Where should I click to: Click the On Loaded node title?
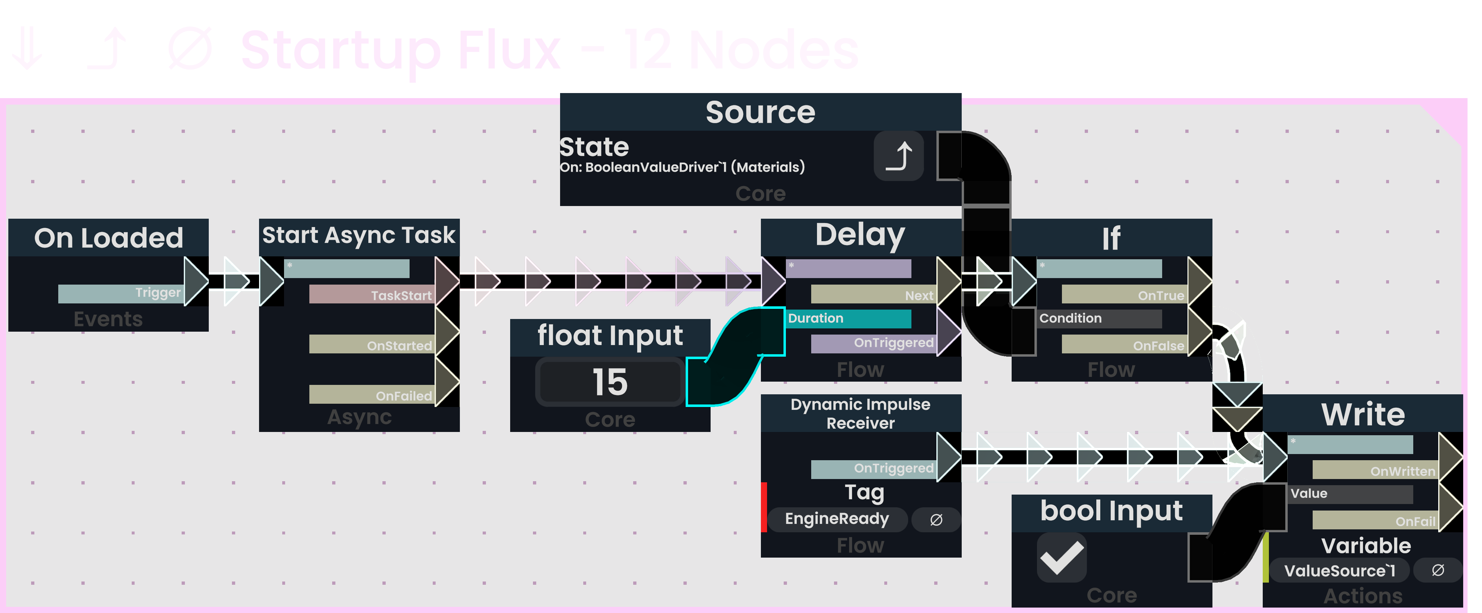coord(108,238)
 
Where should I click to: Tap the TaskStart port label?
coord(401,295)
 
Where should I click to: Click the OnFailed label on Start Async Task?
coord(403,395)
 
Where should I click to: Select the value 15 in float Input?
coord(610,382)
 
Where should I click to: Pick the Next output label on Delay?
coord(918,295)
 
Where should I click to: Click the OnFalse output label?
coord(1158,345)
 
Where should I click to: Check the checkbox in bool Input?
coord(1062,557)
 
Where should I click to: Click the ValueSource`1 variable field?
coord(1339,570)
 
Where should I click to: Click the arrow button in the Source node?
coord(899,156)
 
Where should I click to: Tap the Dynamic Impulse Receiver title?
coord(860,413)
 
